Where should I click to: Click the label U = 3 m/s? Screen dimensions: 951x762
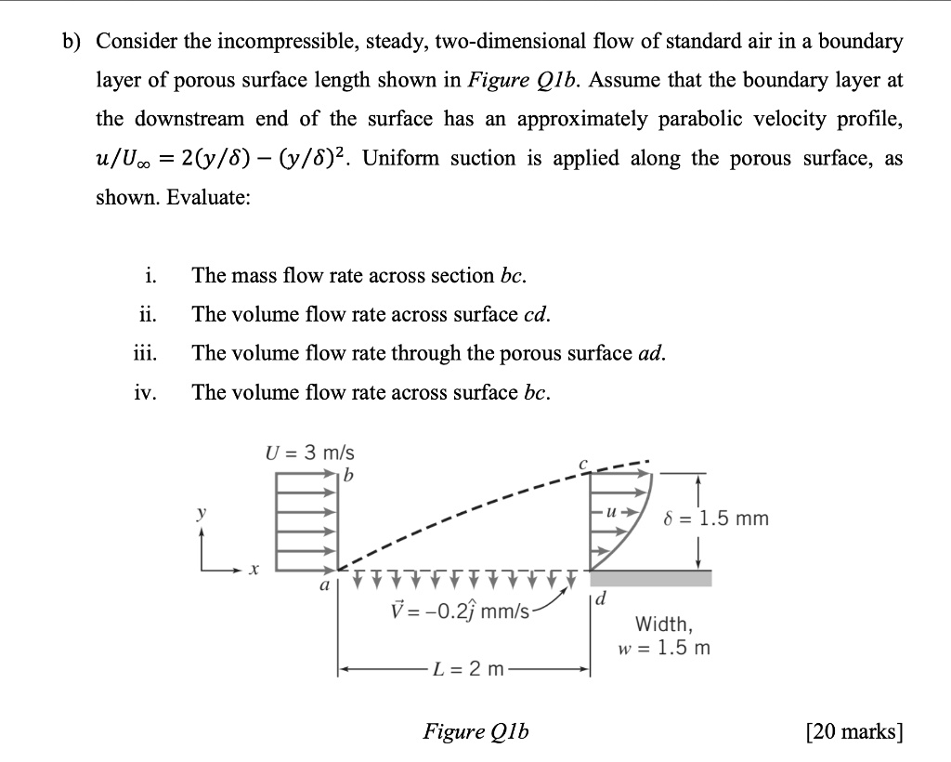coord(310,454)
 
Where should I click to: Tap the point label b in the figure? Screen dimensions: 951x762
coord(349,478)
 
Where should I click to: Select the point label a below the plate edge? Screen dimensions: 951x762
coord(324,586)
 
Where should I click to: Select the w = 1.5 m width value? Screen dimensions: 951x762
coord(664,648)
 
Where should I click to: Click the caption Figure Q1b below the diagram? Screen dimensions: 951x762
coord(475,731)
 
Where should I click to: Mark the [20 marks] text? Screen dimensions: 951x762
coord(855,731)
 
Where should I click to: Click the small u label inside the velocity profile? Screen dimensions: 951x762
coord(611,512)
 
